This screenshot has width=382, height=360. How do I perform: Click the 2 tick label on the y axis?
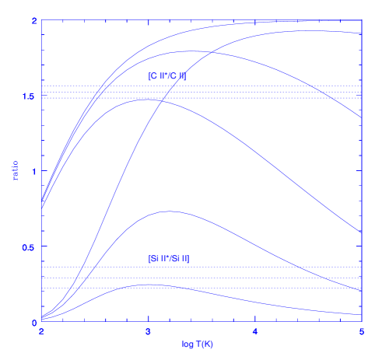tap(33, 20)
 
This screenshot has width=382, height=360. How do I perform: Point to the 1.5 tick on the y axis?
tap(29, 96)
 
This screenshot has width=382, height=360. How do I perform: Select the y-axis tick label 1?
tap(33, 171)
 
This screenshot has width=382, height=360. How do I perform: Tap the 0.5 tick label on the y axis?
tap(29, 246)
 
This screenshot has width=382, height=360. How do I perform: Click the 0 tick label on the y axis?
tap(33, 322)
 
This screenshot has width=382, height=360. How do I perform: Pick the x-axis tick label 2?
tap(40, 331)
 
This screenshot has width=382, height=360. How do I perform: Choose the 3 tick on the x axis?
tap(148, 331)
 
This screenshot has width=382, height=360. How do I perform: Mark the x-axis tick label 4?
tap(255, 331)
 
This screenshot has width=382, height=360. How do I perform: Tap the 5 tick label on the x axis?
tap(362, 331)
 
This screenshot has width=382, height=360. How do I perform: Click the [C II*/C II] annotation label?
tap(167, 76)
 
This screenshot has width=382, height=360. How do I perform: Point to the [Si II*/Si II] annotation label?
tap(169, 258)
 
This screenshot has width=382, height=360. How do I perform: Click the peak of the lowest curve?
tap(148, 285)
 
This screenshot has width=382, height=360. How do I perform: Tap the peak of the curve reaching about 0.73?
tap(169, 211)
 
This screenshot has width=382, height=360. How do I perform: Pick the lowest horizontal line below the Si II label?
tap(201, 288)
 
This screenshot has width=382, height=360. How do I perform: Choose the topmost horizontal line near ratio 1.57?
tap(201, 86)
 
